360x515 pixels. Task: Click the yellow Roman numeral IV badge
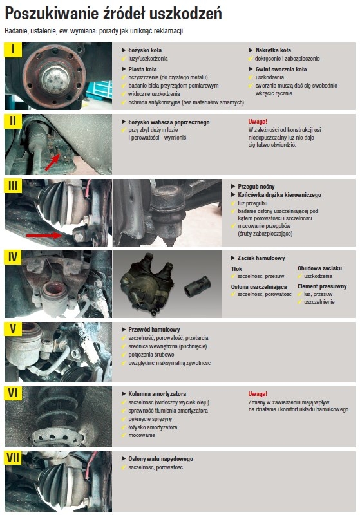[13, 257]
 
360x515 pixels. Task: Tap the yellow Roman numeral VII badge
[13, 458]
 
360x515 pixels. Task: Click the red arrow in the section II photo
[52, 162]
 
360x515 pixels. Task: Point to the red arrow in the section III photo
[44, 235]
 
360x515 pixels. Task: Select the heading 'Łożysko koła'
[145, 50]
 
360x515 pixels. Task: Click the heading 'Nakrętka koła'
[273, 50]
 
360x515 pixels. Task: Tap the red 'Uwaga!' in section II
[258, 122]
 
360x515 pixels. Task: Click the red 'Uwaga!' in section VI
[258, 393]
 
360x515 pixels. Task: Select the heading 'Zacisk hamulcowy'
[261, 258]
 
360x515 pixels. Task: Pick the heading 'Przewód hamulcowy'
[154, 330]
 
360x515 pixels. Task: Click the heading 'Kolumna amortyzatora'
[157, 394]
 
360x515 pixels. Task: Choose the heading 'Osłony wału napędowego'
[160, 459]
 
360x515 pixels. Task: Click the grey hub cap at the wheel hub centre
[55, 77]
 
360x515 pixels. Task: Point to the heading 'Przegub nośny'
[256, 187]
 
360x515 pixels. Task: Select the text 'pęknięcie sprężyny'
[150, 419]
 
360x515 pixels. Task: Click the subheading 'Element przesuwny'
[322, 286]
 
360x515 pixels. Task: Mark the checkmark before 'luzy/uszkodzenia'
[124, 59]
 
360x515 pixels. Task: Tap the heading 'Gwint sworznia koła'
[281, 70]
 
